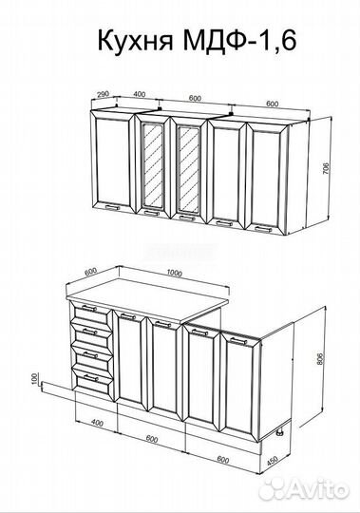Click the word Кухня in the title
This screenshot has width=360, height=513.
click(x=135, y=41)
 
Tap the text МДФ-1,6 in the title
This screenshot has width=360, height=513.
click(x=239, y=40)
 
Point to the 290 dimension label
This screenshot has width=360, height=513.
click(x=103, y=95)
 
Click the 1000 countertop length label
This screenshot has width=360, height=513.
click(x=174, y=273)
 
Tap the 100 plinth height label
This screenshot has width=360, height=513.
click(x=35, y=378)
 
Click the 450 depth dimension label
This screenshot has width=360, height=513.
click(x=272, y=461)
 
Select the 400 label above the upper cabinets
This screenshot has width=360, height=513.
click(x=140, y=95)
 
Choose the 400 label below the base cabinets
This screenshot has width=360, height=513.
click(x=97, y=423)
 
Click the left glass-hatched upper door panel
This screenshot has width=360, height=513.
click(x=153, y=167)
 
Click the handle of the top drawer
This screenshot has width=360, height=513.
click(x=89, y=308)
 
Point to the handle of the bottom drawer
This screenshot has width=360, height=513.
click(x=90, y=378)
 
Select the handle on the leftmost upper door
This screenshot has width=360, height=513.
click(x=112, y=207)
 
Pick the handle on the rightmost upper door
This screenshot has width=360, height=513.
click(x=263, y=229)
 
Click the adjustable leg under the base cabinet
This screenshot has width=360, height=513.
click(x=280, y=432)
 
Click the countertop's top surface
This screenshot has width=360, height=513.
click(x=147, y=298)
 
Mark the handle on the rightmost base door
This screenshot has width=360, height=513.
click(x=239, y=341)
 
